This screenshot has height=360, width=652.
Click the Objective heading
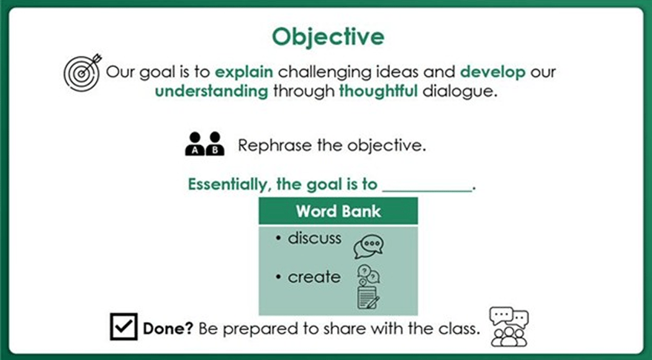[x=328, y=37]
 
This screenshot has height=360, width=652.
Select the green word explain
[x=244, y=71]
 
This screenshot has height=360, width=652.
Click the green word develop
[x=493, y=71]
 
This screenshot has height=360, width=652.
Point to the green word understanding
[x=211, y=92]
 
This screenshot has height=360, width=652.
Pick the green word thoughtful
[x=378, y=92]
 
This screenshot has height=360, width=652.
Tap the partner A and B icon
[x=204, y=144]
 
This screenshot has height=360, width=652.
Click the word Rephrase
[x=266, y=146]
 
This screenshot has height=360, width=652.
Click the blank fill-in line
[x=427, y=188]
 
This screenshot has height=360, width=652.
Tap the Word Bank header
[x=338, y=211]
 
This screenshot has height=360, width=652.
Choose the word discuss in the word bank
[x=314, y=238]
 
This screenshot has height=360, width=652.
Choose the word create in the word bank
[x=314, y=277]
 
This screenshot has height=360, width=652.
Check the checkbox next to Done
[x=124, y=326]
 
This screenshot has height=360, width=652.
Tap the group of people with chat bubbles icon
[x=509, y=326]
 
